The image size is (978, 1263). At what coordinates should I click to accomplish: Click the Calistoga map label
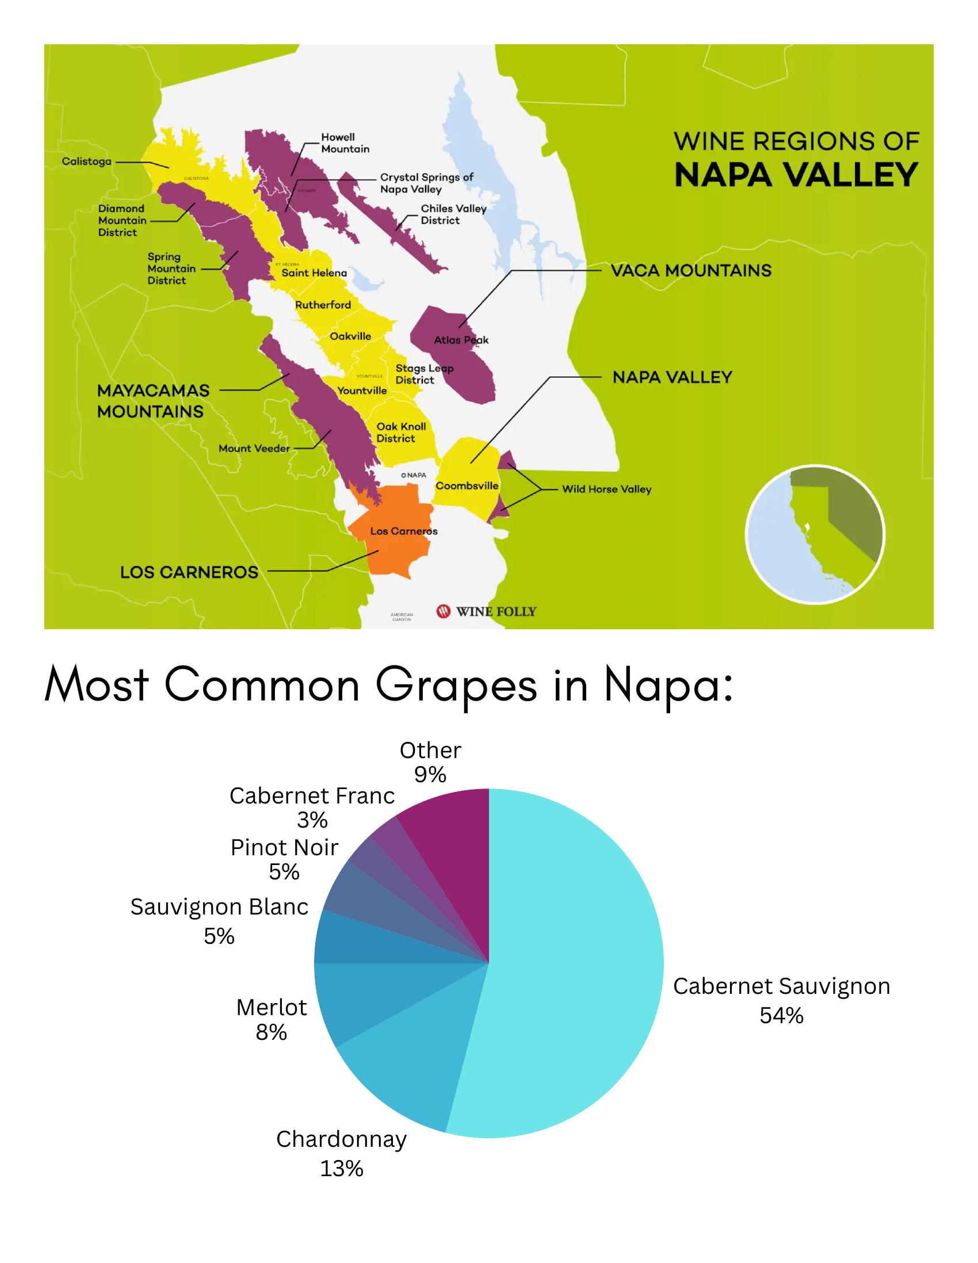tap(87, 162)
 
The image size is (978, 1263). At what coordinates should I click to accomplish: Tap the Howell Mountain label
tap(345, 143)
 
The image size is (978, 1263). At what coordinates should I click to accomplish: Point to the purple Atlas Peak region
tap(457, 358)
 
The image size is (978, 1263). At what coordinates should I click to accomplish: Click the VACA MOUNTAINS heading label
tap(690, 270)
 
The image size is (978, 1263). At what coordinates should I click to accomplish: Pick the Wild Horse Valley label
tap(607, 489)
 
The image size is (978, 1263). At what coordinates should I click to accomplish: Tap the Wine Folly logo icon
tap(444, 611)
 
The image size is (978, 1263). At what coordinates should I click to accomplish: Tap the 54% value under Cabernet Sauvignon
tap(781, 1016)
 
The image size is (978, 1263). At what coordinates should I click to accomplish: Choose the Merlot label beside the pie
tap(271, 1008)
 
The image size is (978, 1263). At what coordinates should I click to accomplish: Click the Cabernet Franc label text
tap(312, 796)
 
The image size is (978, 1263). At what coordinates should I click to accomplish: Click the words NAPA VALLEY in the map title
tap(796, 174)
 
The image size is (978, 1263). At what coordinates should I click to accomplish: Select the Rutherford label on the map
tap(323, 305)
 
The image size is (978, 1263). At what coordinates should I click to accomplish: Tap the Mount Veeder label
tap(254, 448)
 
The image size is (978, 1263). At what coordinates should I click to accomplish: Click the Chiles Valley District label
tap(453, 215)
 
